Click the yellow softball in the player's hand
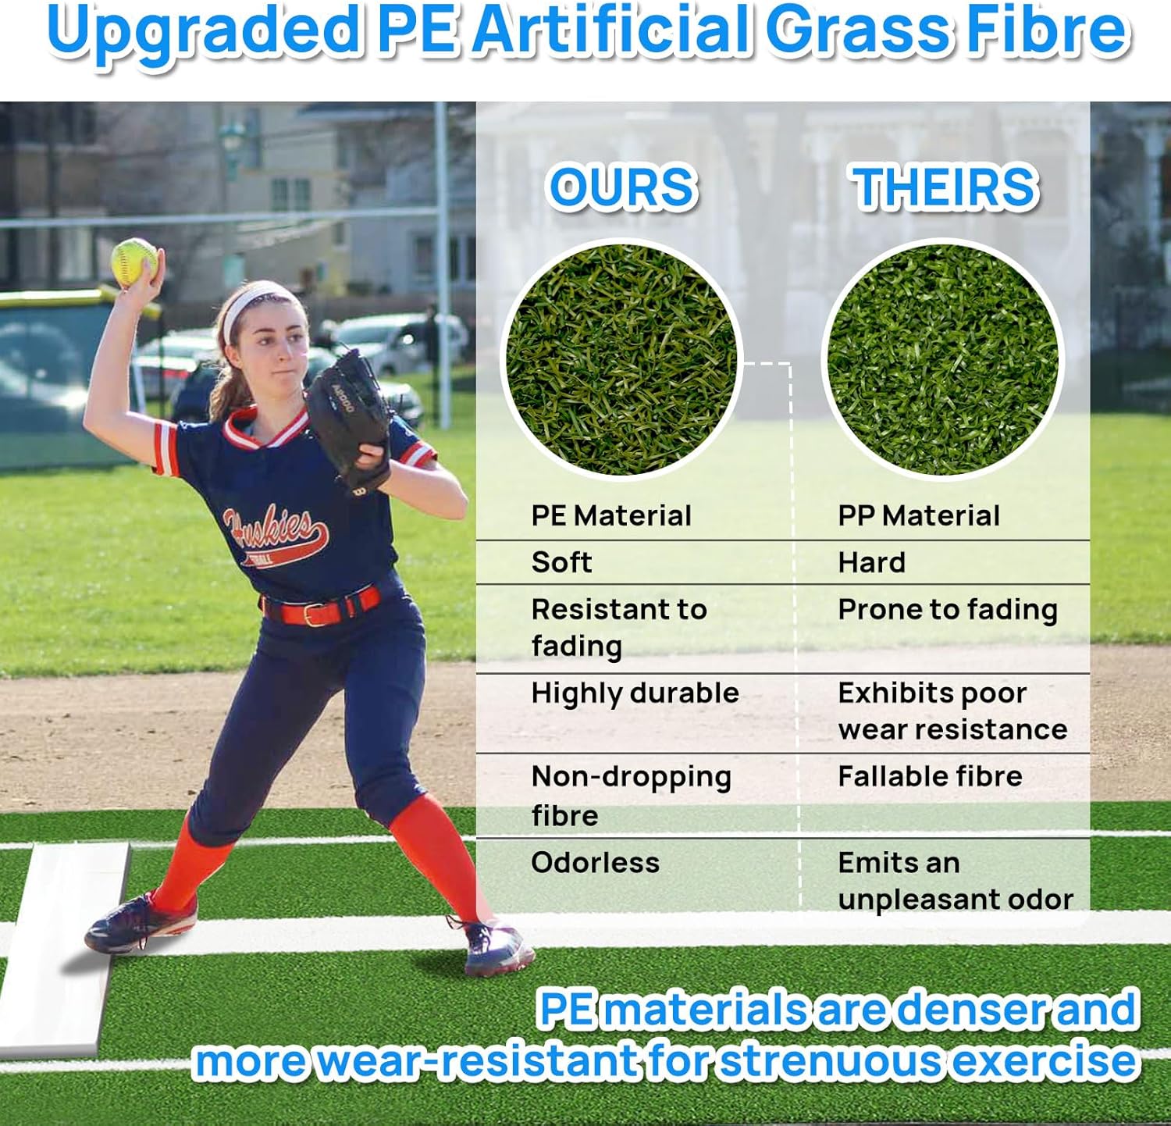(x=135, y=261)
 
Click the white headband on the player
(x=254, y=305)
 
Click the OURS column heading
(x=622, y=188)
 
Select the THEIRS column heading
(x=945, y=188)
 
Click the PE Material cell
(x=611, y=516)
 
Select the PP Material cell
(x=918, y=516)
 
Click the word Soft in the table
(x=561, y=562)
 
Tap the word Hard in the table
(x=871, y=562)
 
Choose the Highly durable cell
(x=635, y=693)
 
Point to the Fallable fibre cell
(x=930, y=776)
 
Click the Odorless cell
(x=595, y=863)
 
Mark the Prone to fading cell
(x=948, y=610)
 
